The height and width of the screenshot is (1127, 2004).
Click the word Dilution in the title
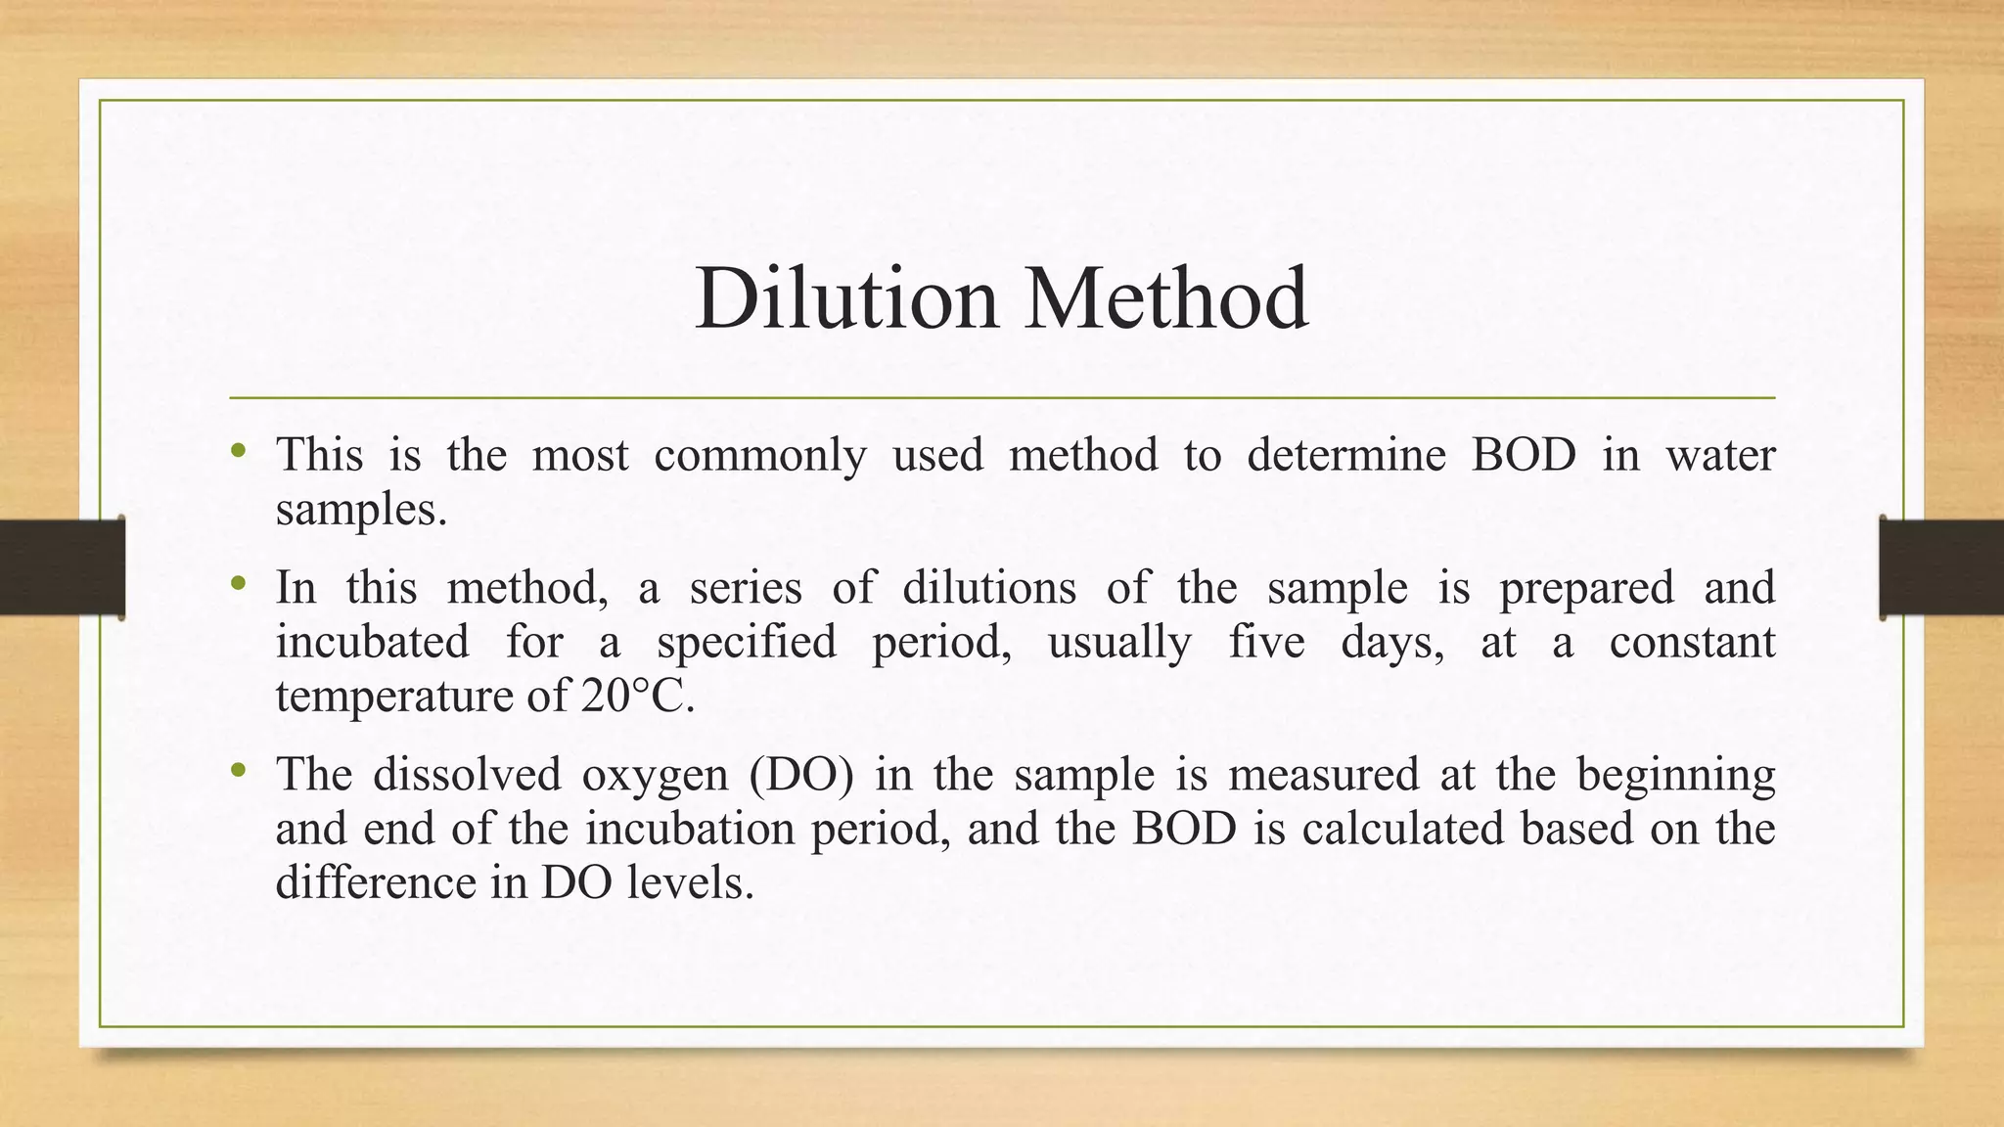[x=846, y=298]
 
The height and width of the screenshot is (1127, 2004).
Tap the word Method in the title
[x=1166, y=298]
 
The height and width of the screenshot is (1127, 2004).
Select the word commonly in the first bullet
[x=760, y=456]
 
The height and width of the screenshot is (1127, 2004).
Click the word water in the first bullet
[x=1720, y=456]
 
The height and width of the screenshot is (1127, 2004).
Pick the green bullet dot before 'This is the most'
[x=238, y=452]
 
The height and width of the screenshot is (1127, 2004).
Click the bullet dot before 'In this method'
[x=238, y=585]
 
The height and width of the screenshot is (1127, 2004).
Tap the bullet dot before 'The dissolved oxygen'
[x=238, y=771]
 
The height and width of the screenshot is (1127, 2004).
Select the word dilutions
[x=988, y=588]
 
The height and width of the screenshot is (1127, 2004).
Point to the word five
[x=1266, y=643]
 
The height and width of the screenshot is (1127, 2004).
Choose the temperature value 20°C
[x=637, y=697]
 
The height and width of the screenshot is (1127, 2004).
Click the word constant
[x=1692, y=643]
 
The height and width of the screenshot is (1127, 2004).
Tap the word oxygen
[x=655, y=776]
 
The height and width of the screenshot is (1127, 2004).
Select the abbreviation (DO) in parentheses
[x=801, y=775]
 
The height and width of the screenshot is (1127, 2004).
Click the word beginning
[x=1675, y=776]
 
